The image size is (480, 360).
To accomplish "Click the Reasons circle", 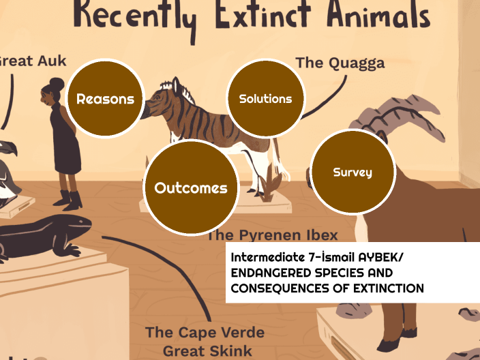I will click(105, 99).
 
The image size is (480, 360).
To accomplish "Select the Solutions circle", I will click(265, 99).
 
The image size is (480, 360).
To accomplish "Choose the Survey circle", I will click(352, 172).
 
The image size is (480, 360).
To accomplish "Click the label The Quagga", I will click(340, 63).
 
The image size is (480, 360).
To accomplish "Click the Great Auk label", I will click(31, 61).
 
